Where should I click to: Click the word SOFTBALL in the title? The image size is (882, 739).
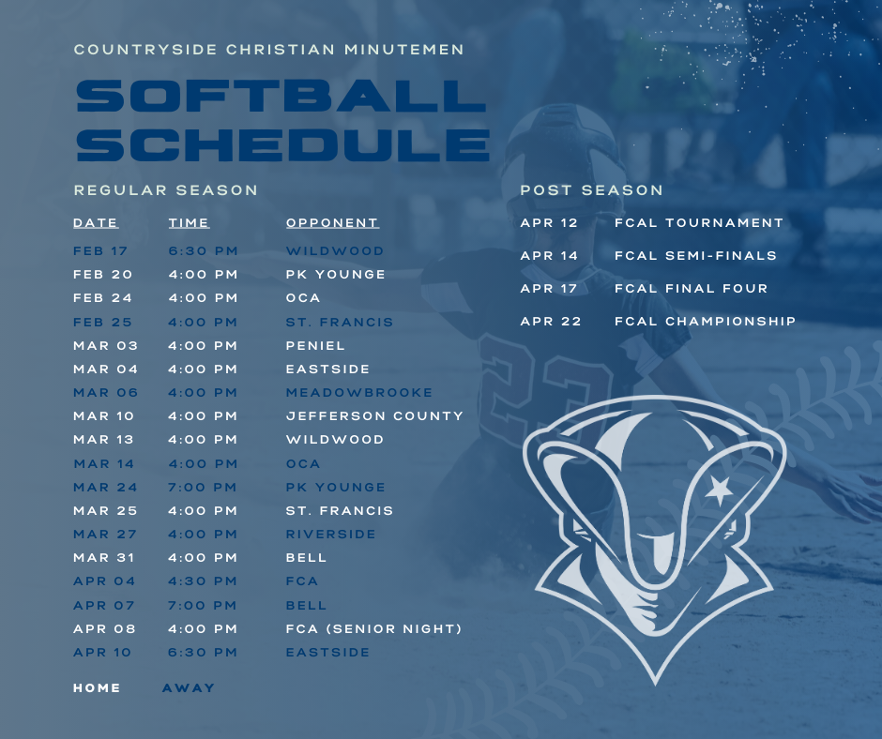(281, 96)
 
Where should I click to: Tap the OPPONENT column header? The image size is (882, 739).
(332, 222)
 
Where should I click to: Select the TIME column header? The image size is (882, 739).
(189, 222)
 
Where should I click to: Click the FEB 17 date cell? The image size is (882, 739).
(100, 250)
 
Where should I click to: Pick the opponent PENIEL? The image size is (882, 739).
(315, 345)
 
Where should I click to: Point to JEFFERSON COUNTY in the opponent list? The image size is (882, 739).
(374, 415)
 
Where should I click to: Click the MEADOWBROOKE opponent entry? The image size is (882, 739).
(358, 392)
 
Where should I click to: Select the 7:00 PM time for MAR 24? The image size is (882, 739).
(203, 487)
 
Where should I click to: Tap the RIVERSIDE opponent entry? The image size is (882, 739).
(330, 534)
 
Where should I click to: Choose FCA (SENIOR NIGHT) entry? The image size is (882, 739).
(374, 628)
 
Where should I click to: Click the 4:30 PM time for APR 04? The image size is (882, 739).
(203, 581)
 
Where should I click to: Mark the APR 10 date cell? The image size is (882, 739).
(102, 653)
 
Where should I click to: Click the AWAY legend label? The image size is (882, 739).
(189, 687)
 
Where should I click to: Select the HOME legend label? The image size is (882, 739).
(97, 687)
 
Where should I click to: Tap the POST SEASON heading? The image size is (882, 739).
(592, 190)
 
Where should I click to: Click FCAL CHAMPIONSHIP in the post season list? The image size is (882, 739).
(705, 321)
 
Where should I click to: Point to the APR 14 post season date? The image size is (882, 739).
(549, 255)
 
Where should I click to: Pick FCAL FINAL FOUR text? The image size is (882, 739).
(692, 288)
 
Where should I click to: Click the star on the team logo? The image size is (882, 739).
(719, 490)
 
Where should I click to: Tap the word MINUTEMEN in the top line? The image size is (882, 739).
(404, 50)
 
